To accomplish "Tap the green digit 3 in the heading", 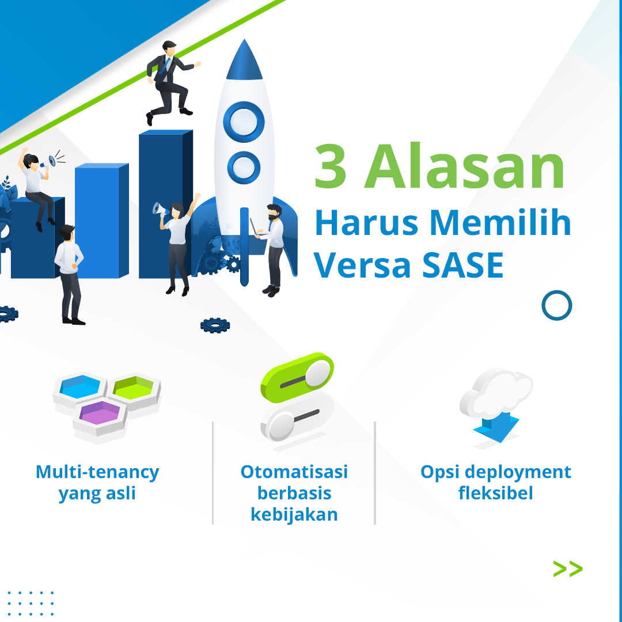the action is point(331,166).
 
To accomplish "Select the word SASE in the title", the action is point(462,265).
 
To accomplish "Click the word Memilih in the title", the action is point(500,222).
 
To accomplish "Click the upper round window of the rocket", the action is point(244,122).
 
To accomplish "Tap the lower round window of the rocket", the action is point(244,168).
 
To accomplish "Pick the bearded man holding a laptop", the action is point(271,250).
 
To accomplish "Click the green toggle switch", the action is point(297,377).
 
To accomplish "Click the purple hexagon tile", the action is point(100,418).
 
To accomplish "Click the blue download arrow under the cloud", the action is point(496,427).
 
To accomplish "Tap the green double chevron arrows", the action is point(568,569).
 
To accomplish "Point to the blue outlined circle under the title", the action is point(556,305).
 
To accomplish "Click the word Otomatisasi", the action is point(294,472).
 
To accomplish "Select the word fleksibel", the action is point(495,493).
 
